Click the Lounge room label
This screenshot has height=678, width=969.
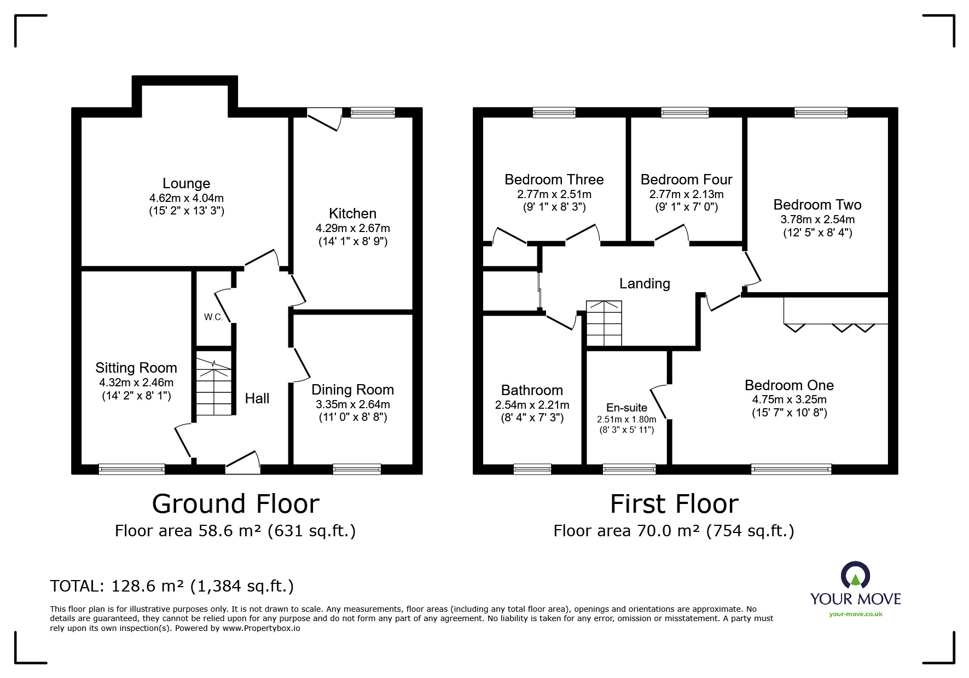click(186, 183)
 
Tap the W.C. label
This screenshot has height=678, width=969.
click(213, 317)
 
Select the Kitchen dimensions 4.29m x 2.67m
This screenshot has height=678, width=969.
click(352, 228)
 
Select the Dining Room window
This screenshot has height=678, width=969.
click(357, 469)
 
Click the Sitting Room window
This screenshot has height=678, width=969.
click(131, 469)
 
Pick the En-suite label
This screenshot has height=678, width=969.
click(626, 408)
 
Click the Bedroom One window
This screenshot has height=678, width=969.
click(791, 469)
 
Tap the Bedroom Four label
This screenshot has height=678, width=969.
click(686, 179)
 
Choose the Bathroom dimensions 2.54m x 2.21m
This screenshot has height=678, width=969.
click(532, 405)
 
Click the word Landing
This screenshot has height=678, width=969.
click(645, 283)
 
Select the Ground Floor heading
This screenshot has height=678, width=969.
click(235, 504)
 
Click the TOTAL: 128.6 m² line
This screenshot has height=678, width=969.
click(172, 586)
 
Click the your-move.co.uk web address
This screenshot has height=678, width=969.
click(855, 614)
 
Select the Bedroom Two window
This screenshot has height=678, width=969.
click(820, 112)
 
